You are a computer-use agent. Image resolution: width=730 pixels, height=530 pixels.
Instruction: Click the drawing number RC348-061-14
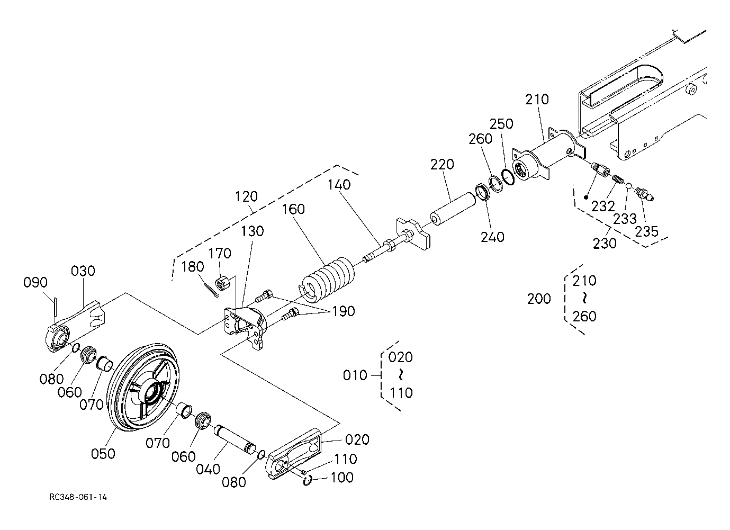pos(78,497)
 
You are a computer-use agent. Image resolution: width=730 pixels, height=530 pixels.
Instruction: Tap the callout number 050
pos(103,454)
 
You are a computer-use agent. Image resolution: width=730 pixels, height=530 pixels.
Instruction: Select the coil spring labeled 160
pos(326,279)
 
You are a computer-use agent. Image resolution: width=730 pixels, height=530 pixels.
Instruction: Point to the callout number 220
pos(442,165)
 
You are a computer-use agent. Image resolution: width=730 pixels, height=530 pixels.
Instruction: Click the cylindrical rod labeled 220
pos(453,209)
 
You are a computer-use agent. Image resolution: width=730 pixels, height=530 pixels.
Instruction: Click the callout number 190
pos(343,311)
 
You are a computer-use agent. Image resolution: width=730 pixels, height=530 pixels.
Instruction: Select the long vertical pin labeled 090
pos(56,307)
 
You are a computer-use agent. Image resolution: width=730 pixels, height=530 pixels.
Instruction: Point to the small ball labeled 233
pos(629,185)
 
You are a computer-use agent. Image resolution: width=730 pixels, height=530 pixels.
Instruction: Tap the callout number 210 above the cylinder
pos(537,100)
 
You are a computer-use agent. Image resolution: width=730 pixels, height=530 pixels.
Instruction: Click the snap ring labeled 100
pos(308,480)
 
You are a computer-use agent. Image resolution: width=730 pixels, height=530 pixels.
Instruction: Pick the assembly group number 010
pos(355,375)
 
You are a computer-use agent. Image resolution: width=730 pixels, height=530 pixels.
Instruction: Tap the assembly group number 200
pos(539,299)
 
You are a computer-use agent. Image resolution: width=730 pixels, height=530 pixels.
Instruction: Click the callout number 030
pos(83,271)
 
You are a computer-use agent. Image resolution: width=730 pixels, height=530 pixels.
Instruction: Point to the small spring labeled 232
pos(618,179)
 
